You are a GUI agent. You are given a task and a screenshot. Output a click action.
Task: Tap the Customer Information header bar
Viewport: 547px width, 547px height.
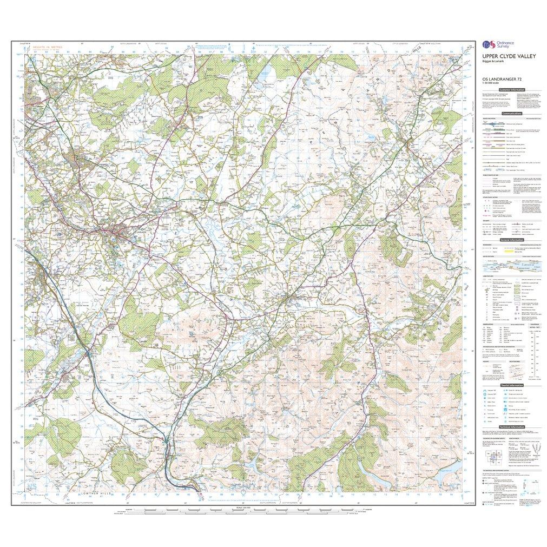(511, 90)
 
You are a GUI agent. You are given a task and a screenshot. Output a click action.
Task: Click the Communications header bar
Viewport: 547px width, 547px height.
(511, 114)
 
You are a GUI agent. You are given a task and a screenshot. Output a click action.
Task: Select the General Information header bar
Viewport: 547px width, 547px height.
(511, 240)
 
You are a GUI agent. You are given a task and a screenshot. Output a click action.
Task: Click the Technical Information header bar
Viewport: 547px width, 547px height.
(511, 427)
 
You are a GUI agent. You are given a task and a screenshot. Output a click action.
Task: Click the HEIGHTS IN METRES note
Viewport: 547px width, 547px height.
(48, 48)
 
